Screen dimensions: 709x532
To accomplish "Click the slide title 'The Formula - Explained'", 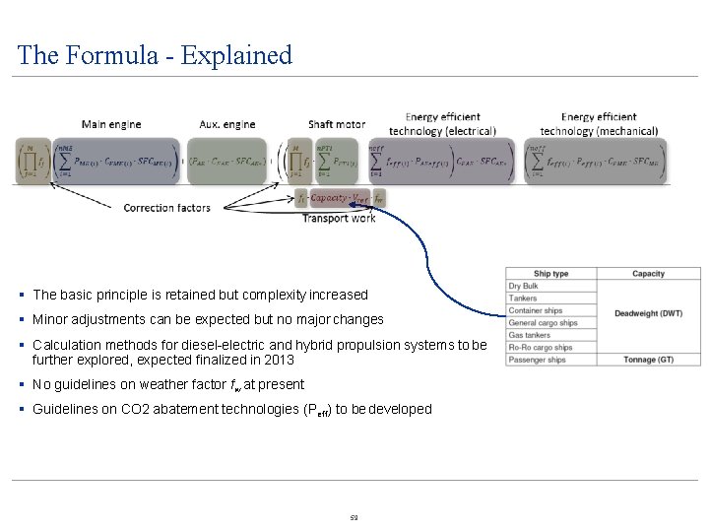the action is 155,55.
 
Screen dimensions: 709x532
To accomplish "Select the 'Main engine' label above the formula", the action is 110,124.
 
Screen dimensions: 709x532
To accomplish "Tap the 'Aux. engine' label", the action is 227,124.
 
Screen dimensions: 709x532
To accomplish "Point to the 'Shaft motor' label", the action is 337,124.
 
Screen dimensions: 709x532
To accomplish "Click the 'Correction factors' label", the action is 167,208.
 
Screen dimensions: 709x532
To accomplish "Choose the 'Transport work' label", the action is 339,218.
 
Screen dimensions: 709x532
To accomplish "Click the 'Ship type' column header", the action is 550,274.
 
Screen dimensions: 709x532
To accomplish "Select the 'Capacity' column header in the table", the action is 648,274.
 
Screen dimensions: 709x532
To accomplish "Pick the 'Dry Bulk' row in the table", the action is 524,287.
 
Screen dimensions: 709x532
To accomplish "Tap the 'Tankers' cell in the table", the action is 523,299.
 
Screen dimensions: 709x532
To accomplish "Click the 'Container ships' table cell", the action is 536,311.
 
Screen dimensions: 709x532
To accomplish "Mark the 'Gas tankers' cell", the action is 530,335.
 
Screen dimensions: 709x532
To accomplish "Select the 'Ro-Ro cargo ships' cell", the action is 541,348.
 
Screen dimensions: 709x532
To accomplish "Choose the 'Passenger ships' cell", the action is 537,360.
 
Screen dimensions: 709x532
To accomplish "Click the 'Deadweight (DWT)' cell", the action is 648,313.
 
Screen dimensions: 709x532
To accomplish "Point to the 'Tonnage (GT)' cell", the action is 648,360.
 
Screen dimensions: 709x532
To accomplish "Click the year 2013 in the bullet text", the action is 280,360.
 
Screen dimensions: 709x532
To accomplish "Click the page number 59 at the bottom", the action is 354,517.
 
